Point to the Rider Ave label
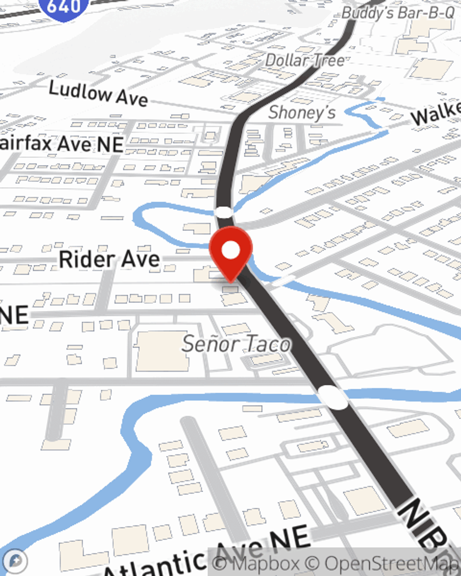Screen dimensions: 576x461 pyautogui.click(x=109, y=259)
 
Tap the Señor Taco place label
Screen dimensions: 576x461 pyautogui.click(x=236, y=344)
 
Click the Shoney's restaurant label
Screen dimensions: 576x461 pyautogui.click(x=302, y=112)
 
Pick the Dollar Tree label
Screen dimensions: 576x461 pyautogui.click(x=305, y=60)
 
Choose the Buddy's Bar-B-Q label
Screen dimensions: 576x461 pyautogui.click(x=398, y=13)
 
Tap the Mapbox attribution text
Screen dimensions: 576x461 pyautogui.click(x=255, y=563)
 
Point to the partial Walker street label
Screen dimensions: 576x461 pyautogui.click(x=436, y=113)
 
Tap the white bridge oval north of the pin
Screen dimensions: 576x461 pyautogui.click(x=224, y=212)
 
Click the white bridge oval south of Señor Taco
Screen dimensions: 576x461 pyautogui.click(x=333, y=397)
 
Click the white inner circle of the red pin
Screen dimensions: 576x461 pyautogui.click(x=231, y=250)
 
